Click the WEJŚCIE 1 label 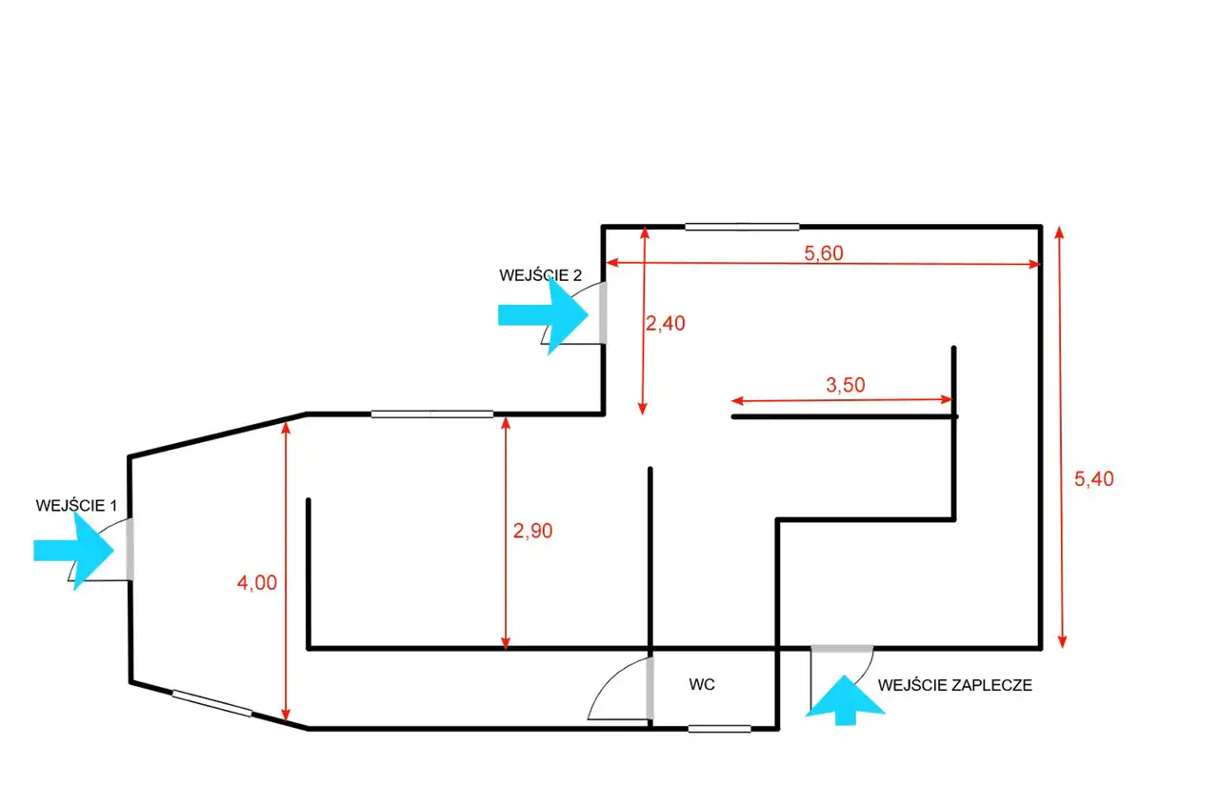76,505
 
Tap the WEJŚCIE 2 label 540,275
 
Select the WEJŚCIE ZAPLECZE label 954,685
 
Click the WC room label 702,684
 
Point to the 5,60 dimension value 824,253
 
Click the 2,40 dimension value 665,323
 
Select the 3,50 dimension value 845,385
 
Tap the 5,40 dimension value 1094,479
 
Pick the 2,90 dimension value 532,531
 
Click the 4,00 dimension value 257,583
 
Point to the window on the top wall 742,227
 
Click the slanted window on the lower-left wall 212,703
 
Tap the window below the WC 719,729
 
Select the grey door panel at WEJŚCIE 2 603,313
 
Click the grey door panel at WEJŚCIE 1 130,549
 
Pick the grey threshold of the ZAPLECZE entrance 842,649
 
